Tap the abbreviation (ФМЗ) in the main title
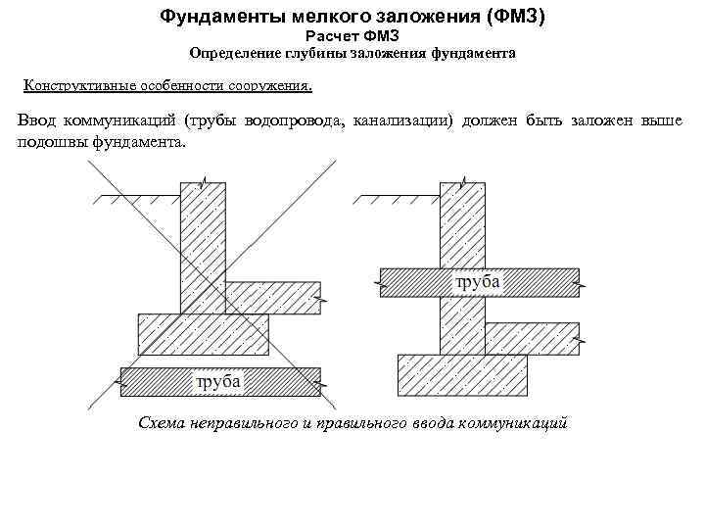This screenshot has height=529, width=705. coord(515,17)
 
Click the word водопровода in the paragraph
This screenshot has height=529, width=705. coord(295,120)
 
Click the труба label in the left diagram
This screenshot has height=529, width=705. coord(218,382)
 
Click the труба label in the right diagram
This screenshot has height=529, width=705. coord(478,282)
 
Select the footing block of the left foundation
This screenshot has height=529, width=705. coord(204,334)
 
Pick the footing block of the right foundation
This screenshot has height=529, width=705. coord(462,375)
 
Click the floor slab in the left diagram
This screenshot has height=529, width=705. coord(273,298)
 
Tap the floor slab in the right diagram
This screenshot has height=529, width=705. coord(533,339)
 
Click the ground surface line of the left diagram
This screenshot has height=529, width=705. coord(140,196)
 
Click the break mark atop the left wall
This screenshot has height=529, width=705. coord(205,182)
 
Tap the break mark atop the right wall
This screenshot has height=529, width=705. coord(464,182)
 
